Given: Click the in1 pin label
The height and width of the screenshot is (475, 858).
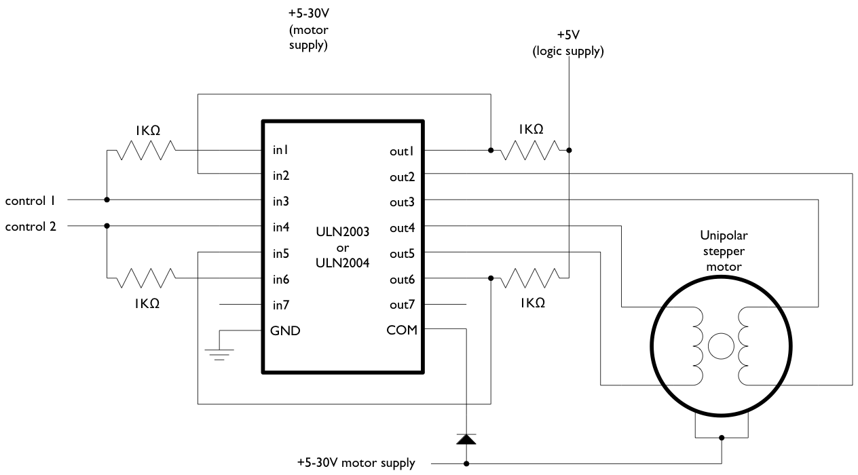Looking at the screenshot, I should point(281,149).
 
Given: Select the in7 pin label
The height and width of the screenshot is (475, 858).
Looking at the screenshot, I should point(281,305).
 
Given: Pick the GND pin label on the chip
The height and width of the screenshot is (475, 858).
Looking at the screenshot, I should point(285,330).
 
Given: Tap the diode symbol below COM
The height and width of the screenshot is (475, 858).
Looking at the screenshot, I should point(466,439).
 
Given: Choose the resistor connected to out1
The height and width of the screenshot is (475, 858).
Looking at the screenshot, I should point(529,150).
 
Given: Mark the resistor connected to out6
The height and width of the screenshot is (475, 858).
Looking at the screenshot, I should point(529,278).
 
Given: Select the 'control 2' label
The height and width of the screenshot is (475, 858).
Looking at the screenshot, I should point(31,226).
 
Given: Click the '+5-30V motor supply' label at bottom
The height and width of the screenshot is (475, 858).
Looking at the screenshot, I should point(356,464).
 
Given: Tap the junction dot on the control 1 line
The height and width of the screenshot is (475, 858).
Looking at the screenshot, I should point(107,200).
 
